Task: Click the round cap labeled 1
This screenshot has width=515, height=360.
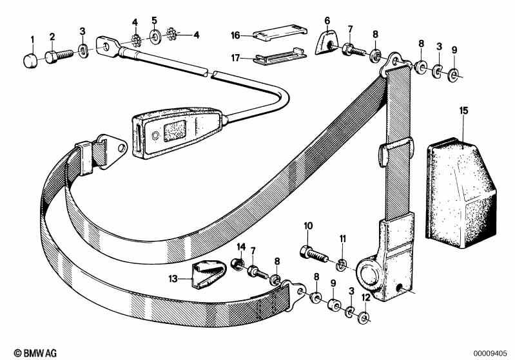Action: coord(30,61)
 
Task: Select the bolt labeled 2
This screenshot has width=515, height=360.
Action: coord(59,56)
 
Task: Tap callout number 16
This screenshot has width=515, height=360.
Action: coord(235,35)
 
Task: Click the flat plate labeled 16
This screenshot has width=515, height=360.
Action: coord(280,33)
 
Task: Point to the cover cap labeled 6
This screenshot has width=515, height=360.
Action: coord(325,42)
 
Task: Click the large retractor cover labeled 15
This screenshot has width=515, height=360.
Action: coord(461,193)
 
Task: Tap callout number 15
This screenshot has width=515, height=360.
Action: coord(463,111)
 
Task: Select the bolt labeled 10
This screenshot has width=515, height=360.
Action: coord(314,254)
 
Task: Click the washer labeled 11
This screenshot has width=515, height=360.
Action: coord(342,264)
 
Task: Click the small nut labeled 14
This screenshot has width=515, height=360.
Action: coord(237,263)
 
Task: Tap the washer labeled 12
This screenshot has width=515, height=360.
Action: coord(364,317)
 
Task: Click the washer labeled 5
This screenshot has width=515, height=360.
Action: coord(154,35)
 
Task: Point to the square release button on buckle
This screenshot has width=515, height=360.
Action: coord(175,131)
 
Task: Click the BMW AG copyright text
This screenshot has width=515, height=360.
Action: coord(35,353)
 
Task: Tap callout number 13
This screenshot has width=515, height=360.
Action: coord(173,279)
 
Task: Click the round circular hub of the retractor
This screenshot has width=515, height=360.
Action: coord(369,273)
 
